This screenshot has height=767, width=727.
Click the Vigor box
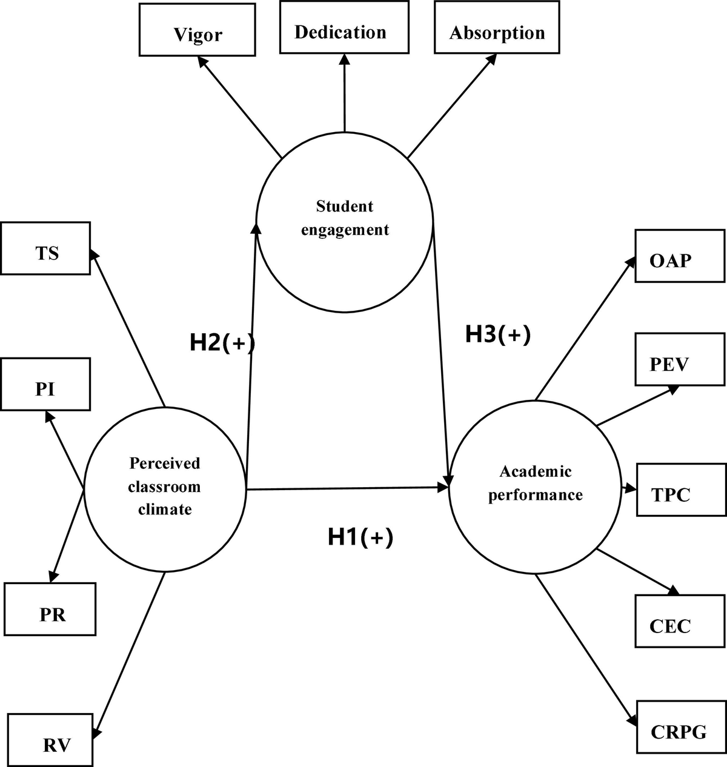point(198,30)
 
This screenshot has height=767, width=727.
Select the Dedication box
point(340,27)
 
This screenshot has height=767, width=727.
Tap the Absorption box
point(497,28)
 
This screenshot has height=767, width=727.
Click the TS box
point(45,248)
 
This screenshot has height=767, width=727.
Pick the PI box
point(45,384)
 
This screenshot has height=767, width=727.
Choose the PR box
point(50,609)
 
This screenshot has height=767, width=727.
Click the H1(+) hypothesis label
point(360,537)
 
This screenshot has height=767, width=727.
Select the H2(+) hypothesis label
point(222,343)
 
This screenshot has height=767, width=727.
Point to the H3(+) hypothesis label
point(498,334)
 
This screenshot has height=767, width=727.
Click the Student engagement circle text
point(345,218)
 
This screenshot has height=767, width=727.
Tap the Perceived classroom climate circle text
point(164,486)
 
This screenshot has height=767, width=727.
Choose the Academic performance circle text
point(536,483)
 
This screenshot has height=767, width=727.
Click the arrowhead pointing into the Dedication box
point(344,59)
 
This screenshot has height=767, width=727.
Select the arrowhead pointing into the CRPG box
point(632,720)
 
